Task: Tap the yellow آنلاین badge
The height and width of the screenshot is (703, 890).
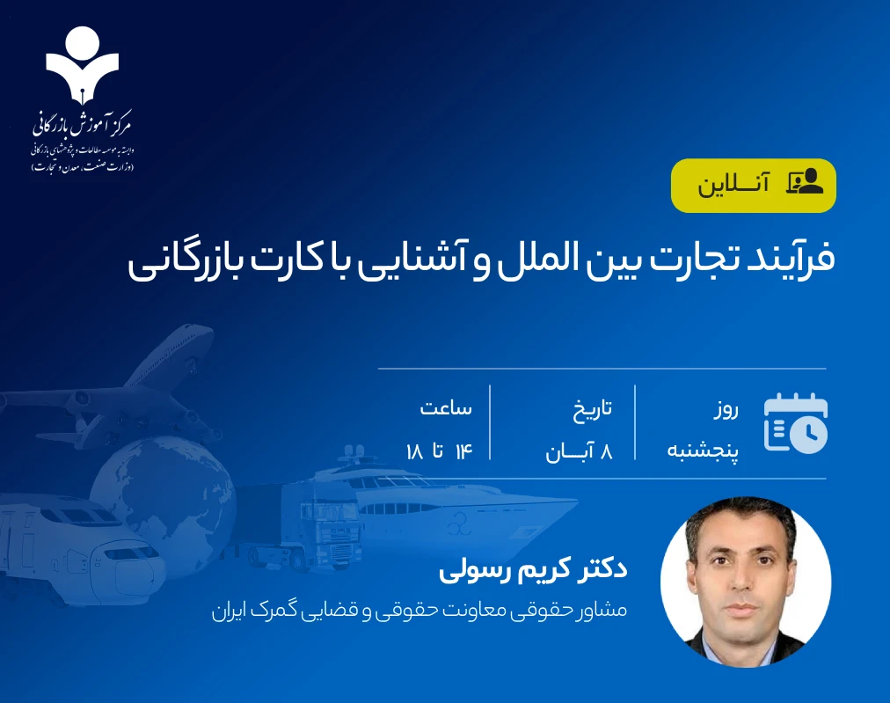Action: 753,186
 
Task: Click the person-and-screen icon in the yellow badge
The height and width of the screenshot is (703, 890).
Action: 804,182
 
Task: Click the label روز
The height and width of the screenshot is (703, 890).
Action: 725,409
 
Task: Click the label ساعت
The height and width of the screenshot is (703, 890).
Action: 446,409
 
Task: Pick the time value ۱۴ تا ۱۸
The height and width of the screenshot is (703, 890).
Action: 439,452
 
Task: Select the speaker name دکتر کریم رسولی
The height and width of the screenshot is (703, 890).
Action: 532,568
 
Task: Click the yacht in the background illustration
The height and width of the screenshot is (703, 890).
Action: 440,506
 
